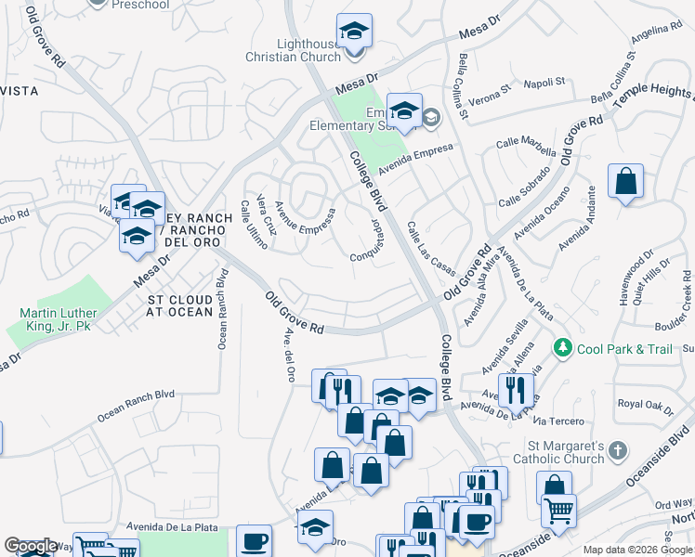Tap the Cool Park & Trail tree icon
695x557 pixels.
pos(562,347)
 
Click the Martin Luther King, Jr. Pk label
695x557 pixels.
pos(57,321)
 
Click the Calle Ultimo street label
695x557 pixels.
pos(254,225)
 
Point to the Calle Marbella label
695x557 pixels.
pos(525,146)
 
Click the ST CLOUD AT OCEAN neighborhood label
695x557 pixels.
pos(180,306)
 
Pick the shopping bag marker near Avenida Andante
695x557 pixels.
pos(626,181)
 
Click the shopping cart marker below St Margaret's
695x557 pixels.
pos(558,509)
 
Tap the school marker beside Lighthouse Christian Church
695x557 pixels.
pos(354,32)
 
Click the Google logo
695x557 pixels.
pos(31,547)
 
